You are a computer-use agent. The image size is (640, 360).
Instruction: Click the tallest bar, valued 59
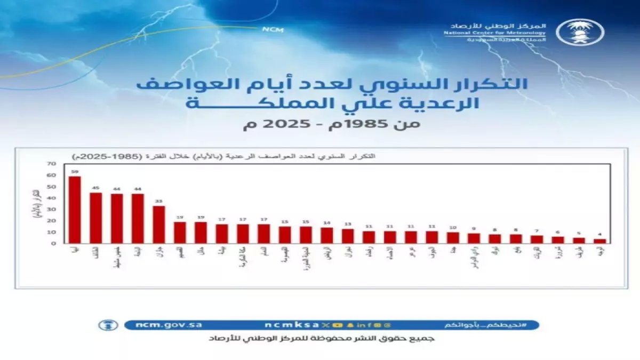point(75,210)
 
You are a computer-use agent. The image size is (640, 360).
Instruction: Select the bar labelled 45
point(95,218)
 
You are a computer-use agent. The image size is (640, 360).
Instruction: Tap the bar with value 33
point(158,225)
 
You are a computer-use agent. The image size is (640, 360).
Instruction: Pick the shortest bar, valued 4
point(599,241)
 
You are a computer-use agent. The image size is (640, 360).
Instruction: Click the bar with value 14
point(326,235)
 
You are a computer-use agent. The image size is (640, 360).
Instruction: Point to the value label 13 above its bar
point(348,224)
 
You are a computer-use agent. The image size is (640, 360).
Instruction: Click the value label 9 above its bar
point(474,229)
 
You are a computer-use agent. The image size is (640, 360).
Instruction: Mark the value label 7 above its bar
point(537,231)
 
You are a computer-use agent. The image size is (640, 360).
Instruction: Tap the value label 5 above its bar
point(579,233)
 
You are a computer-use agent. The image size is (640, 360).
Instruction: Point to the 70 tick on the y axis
point(51,164)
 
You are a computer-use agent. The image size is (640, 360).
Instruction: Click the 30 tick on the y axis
point(51,210)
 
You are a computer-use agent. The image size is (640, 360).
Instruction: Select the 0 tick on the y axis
point(54,244)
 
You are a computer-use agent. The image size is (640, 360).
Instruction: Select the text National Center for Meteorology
point(494,33)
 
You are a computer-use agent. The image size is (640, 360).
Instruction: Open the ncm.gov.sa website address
point(161,325)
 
